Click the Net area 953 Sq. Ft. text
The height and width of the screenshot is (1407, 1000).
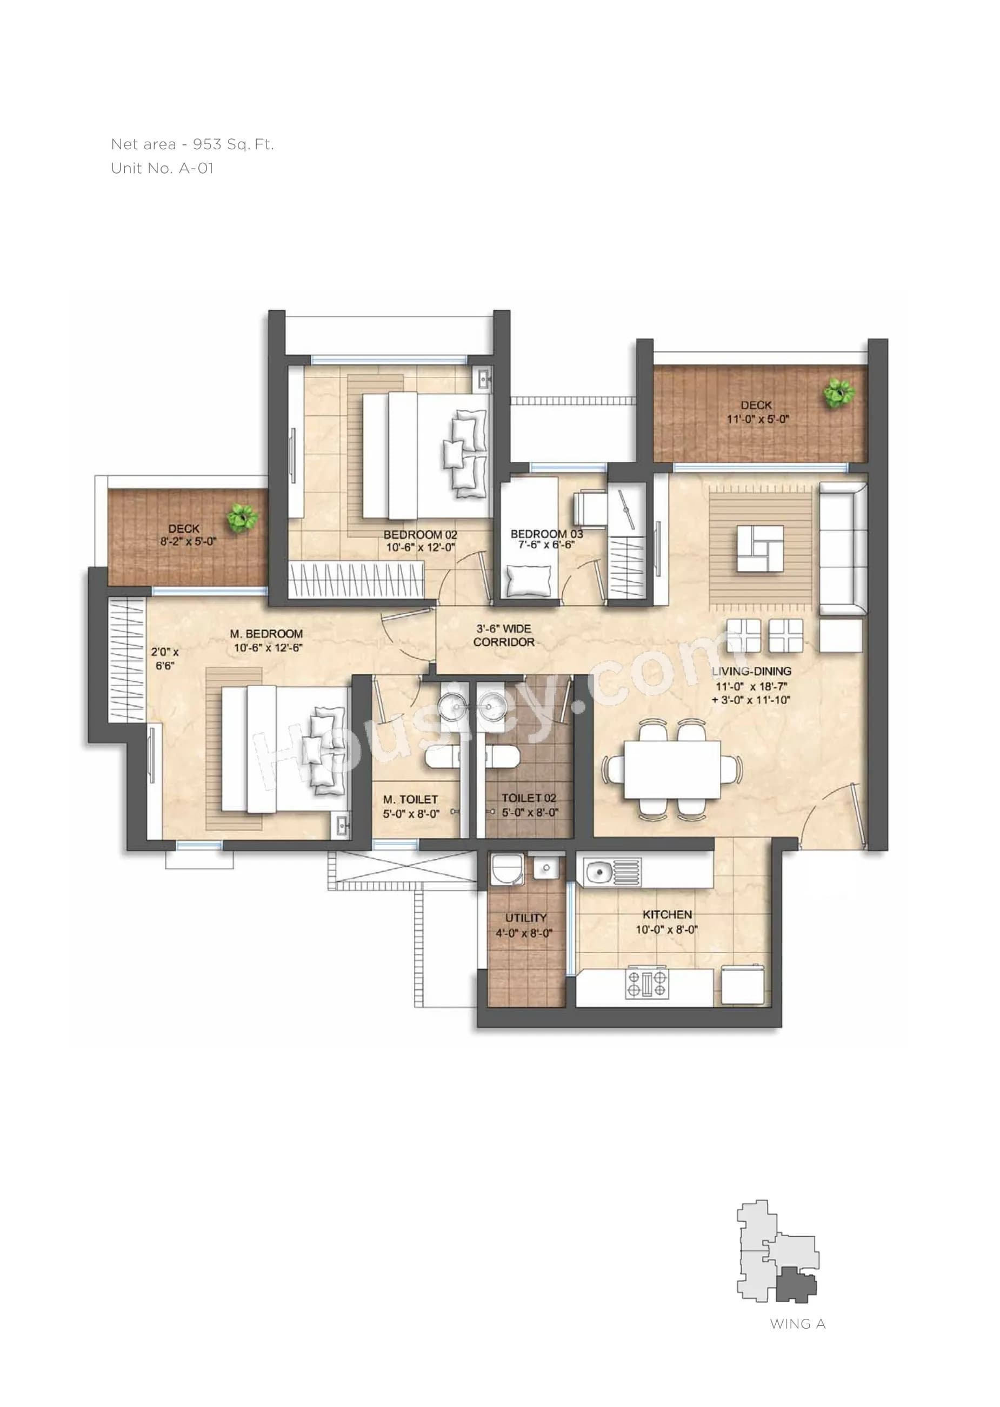pos(192,145)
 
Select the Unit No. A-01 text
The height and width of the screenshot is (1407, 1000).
pos(162,168)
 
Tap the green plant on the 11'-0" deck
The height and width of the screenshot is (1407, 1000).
pos(839,393)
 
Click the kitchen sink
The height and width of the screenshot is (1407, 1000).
pos(597,872)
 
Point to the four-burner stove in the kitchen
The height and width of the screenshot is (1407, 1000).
pos(646,984)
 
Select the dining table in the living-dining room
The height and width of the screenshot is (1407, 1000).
pos(672,770)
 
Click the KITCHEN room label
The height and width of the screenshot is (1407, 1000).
pos(667,915)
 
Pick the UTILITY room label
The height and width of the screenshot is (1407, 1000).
pos(525,918)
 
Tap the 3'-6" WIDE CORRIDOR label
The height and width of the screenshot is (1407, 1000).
pos(504,635)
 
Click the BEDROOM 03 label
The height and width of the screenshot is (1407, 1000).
pos(546,534)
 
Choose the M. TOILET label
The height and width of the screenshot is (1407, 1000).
pos(410,800)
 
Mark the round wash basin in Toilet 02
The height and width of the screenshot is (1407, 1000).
pos(492,703)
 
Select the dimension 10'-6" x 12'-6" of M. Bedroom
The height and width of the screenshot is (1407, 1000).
pos(268,647)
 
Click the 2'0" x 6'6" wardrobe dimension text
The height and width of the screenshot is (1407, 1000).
pos(164,659)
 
